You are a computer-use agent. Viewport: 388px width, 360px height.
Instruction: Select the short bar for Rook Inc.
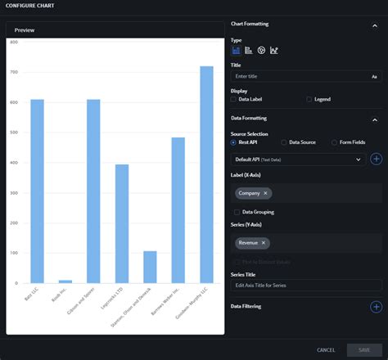65,281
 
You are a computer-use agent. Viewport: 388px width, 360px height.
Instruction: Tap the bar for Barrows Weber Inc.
178,209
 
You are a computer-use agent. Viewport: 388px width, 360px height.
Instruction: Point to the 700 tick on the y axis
14,73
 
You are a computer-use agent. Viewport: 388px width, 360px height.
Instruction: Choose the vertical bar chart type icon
236,50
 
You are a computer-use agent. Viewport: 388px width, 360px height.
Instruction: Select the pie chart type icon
261,50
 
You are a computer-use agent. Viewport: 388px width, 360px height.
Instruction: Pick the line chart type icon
273,50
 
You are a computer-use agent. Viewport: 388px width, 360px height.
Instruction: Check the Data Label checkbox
234,99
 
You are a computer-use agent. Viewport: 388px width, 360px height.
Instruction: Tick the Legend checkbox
309,99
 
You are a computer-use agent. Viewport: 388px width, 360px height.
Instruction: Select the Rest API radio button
234,142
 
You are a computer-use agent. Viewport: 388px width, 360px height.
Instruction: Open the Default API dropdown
299,160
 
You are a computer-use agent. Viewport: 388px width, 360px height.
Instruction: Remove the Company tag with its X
266,194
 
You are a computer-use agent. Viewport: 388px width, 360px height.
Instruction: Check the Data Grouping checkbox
237,212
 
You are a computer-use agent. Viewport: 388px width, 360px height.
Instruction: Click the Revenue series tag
248,243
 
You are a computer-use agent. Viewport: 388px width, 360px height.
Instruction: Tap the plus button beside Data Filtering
376,307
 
